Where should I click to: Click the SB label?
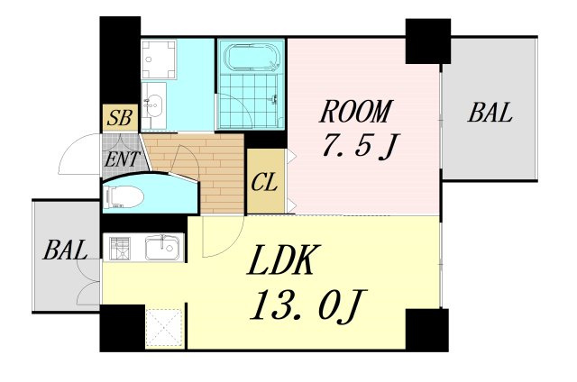[120, 118]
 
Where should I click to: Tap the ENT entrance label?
[121, 159]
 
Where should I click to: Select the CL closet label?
[264, 182]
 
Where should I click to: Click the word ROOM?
[354, 111]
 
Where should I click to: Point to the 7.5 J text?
[360, 145]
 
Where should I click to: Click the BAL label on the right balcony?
[490, 112]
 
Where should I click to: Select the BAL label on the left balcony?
[65, 250]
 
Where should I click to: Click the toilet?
[124, 196]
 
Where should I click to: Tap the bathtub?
[252, 57]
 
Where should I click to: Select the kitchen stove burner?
[121, 247]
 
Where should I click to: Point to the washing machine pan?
[159, 59]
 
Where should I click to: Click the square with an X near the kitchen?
[164, 328]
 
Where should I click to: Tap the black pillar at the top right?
[428, 41]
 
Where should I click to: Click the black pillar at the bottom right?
[427, 330]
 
